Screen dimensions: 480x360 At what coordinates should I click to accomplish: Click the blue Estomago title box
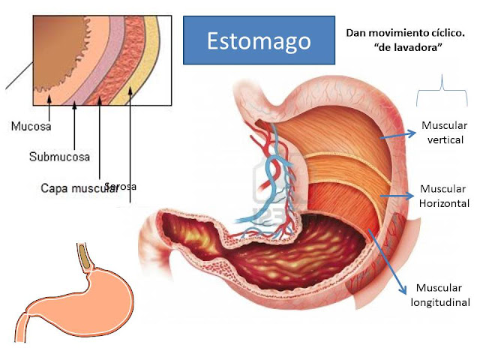click(x=259, y=40)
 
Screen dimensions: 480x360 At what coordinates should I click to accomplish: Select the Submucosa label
click(x=59, y=157)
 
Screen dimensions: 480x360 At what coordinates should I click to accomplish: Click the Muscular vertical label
click(x=444, y=133)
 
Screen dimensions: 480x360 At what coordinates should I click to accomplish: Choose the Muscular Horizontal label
click(x=444, y=196)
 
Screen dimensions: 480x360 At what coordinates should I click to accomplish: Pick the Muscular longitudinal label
click(x=440, y=295)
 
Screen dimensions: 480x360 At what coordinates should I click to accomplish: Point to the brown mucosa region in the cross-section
click(x=56, y=56)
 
